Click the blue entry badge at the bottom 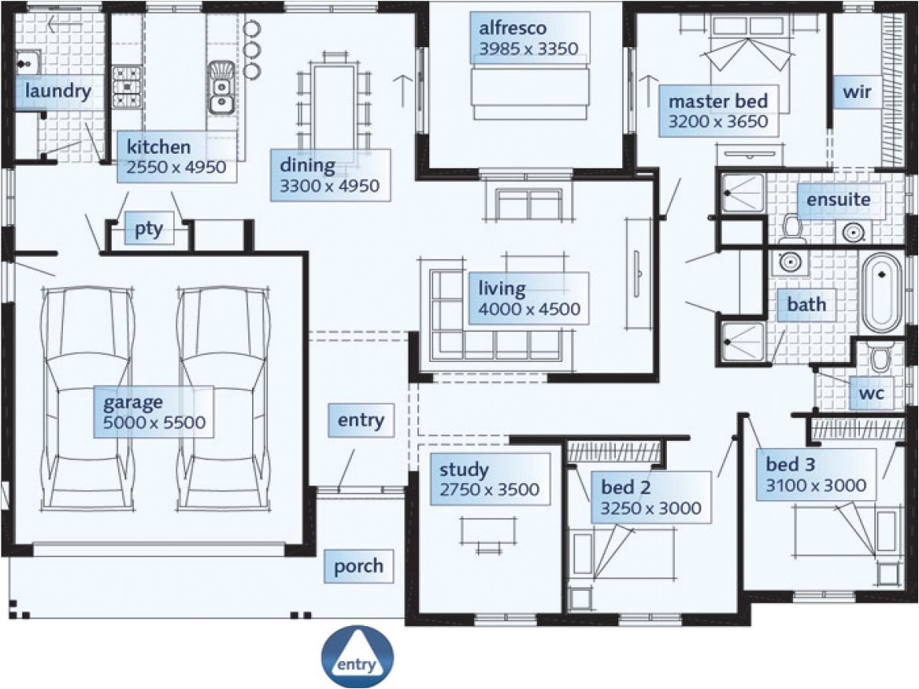coord(357,657)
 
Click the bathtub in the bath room coord(882,293)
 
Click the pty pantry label coord(148,230)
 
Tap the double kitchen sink coord(220,89)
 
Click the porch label coord(358,566)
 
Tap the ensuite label coord(838,199)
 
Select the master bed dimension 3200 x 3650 coord(718,122)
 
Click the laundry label coord(57,91)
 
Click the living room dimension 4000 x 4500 coord(529,309)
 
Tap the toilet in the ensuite coord(791,227)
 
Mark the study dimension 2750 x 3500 coord(489,490)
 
